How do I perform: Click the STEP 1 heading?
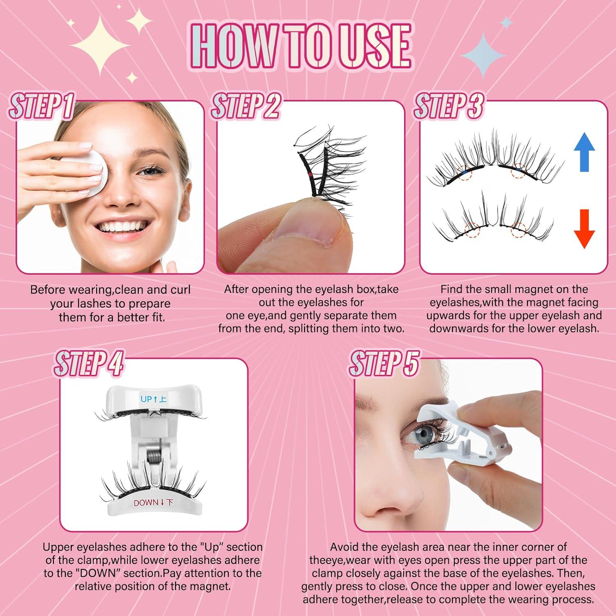tap(41, 106)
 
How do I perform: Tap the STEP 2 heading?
tap(245, 106)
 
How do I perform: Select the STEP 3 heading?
tap(448, 106)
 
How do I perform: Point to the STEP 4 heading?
tap(89, 363)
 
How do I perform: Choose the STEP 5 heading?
tap(384, 363)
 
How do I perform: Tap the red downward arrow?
tap(584, 228)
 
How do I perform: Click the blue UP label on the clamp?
tap(153, 399)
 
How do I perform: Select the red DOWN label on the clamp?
tap(153, 503)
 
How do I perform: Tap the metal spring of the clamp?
tap(153, 455)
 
